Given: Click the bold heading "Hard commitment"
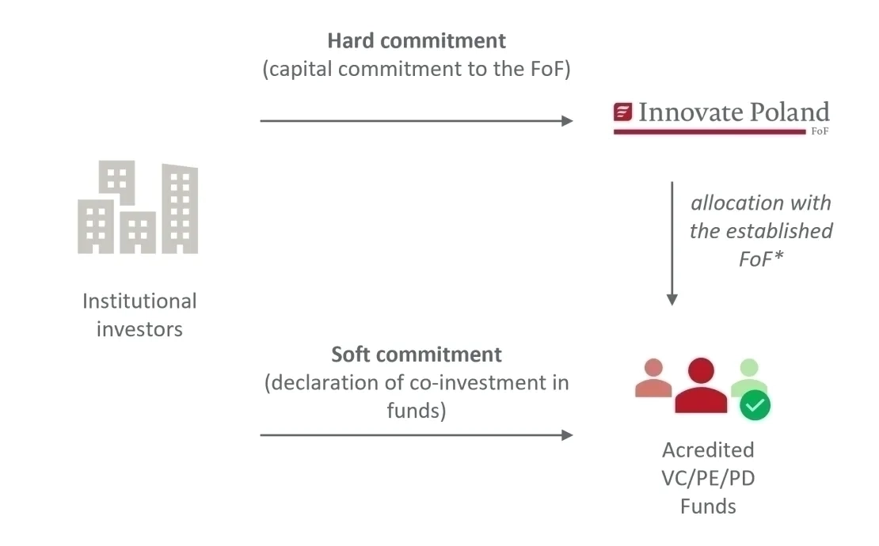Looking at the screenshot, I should (417, 40).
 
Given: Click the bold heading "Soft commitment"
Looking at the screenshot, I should (417, 354).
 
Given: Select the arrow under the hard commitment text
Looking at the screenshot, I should (416, 121).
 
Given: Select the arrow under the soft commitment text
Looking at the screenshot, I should (416, 434).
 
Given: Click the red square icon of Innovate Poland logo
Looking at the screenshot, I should (623, 112).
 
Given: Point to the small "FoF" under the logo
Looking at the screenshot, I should (820, 131).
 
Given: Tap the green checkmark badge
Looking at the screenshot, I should (755, 406).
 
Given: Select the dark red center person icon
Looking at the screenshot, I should (701, 386).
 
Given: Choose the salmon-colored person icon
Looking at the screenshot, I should (653, 378).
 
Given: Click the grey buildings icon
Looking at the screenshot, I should (138, 207).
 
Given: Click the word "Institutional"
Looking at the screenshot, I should (139, 301).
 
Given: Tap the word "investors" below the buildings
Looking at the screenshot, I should (139, 329).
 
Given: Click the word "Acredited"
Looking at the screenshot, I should (708, 450).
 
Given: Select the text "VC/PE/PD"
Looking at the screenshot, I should (708, 478).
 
